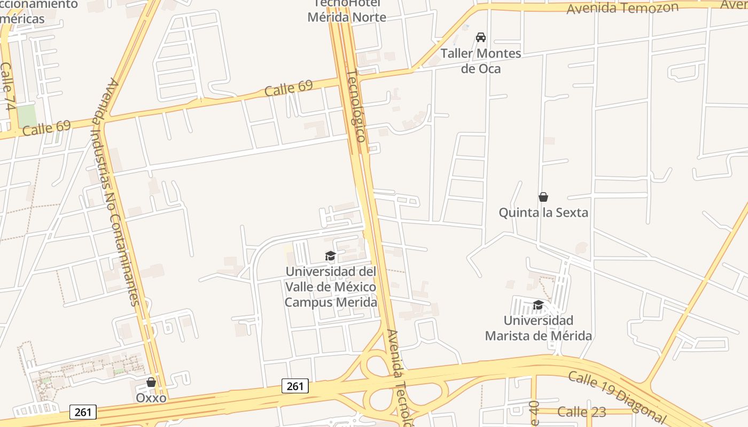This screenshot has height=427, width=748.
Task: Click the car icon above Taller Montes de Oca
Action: (481, 37)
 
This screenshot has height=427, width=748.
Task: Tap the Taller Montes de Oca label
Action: (481, 61)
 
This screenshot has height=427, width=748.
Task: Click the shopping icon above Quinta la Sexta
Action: (543, 197)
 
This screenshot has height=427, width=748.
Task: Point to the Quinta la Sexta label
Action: (543, 212)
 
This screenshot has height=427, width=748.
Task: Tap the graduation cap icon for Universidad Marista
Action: (538, 305)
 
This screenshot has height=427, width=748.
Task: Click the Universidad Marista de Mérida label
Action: (538, 328)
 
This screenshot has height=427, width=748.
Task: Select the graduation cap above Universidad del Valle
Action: (330, 256)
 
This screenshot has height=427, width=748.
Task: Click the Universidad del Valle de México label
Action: (331, 287)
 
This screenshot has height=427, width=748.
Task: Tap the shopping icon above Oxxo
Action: (151, 382)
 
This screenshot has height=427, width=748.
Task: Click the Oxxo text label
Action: (151, 398)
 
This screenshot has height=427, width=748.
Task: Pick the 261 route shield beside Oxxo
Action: (83, 412)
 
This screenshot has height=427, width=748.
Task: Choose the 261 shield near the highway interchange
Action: (295, 386)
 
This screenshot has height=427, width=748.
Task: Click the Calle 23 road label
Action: (582, 412)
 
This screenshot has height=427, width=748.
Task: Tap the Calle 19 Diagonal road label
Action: (617, 396)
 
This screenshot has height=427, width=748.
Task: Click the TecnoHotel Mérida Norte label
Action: (347, 11)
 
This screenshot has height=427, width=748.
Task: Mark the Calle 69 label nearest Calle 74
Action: (47, 128)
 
